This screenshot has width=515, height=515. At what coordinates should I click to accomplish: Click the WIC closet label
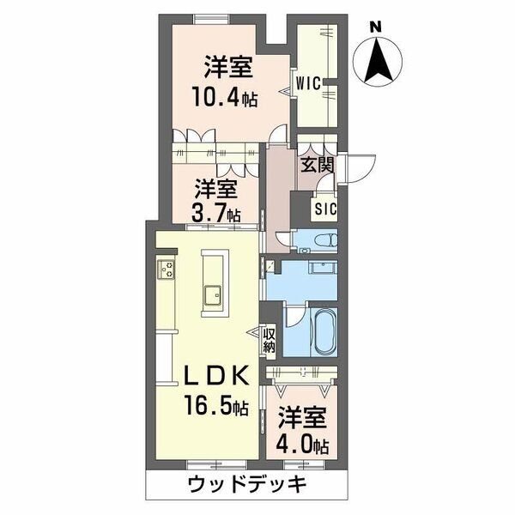coord(308,83)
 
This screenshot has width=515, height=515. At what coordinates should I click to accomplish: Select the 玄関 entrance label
coord(318,165)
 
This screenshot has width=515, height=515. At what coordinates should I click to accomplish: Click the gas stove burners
coord(166,270)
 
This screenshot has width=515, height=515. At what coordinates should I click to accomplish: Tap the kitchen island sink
coord(213,295)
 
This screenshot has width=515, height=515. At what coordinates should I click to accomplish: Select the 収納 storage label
coord(269,341)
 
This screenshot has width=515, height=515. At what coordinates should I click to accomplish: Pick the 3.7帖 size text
coord(215,215)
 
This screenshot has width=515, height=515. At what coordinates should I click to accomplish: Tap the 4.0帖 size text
coord(303,445)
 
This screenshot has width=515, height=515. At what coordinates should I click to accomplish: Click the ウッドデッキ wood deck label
coord(247,484)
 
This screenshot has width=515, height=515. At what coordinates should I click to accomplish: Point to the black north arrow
coord(378,59)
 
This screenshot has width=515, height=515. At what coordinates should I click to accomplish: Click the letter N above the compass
coord(376,27)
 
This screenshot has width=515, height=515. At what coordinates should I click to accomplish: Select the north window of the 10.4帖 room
coord(211,19)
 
